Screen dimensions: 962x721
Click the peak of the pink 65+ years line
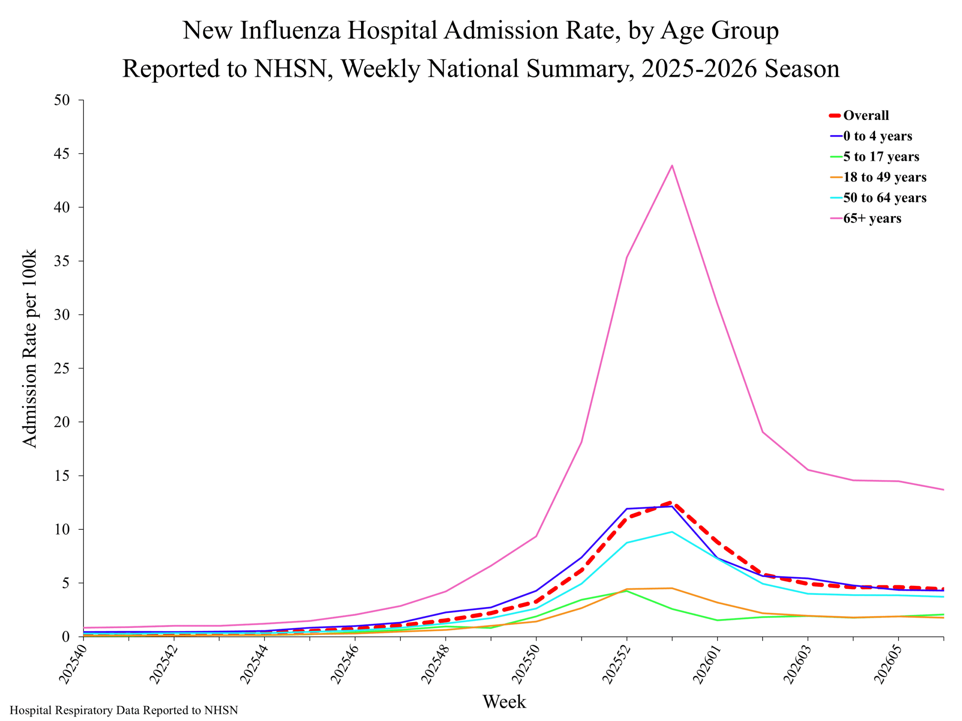click(672, 165)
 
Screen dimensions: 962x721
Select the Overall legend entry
click(859, 115)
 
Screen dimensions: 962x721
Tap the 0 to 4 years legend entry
click(871, 136)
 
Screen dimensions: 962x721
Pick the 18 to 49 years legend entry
click(878, 177)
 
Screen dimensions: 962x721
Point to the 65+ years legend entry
click(865, 218)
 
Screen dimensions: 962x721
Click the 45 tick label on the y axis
click(62, 154)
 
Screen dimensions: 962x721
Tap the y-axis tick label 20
click(62, 422)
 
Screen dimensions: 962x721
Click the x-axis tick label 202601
click(706, 664)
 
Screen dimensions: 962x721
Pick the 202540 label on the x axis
click(72, 664)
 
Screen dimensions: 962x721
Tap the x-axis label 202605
click(887, 664)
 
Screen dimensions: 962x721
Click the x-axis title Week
click(504, 702)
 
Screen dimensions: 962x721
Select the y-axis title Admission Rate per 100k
click(30, 348)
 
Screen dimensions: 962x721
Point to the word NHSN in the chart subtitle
click(290, 69)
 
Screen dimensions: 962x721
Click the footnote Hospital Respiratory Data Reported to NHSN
click(124, 710)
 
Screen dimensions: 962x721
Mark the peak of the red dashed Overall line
click(672, 502)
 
